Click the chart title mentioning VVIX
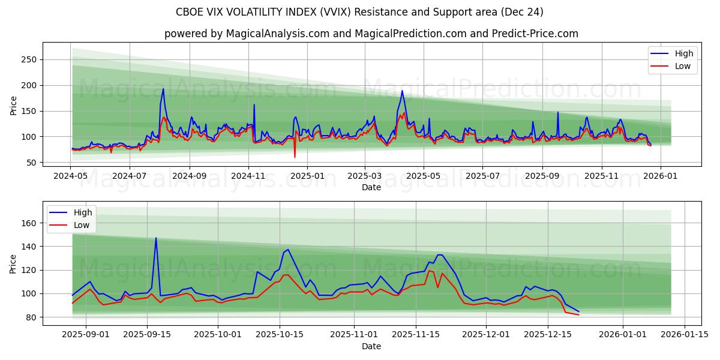[359, 12]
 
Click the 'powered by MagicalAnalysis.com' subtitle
[371, 34]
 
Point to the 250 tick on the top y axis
[29, 59]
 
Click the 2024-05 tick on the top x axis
[71, 177]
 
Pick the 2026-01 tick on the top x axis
[661, 177]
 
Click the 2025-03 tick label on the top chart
[365, 177]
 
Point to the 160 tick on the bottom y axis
[29, 223]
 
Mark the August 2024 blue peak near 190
[163, 89]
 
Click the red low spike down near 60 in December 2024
[295, 157]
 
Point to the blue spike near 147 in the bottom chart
[156, 238]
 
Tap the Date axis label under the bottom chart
[371, 346]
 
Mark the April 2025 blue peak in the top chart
[402, 91]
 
